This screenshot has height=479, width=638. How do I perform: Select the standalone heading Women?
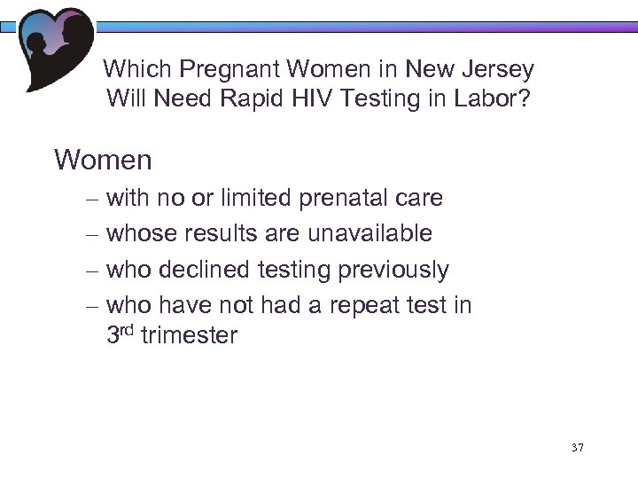(x=103, y=161)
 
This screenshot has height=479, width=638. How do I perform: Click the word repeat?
(x=377, y=304)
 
